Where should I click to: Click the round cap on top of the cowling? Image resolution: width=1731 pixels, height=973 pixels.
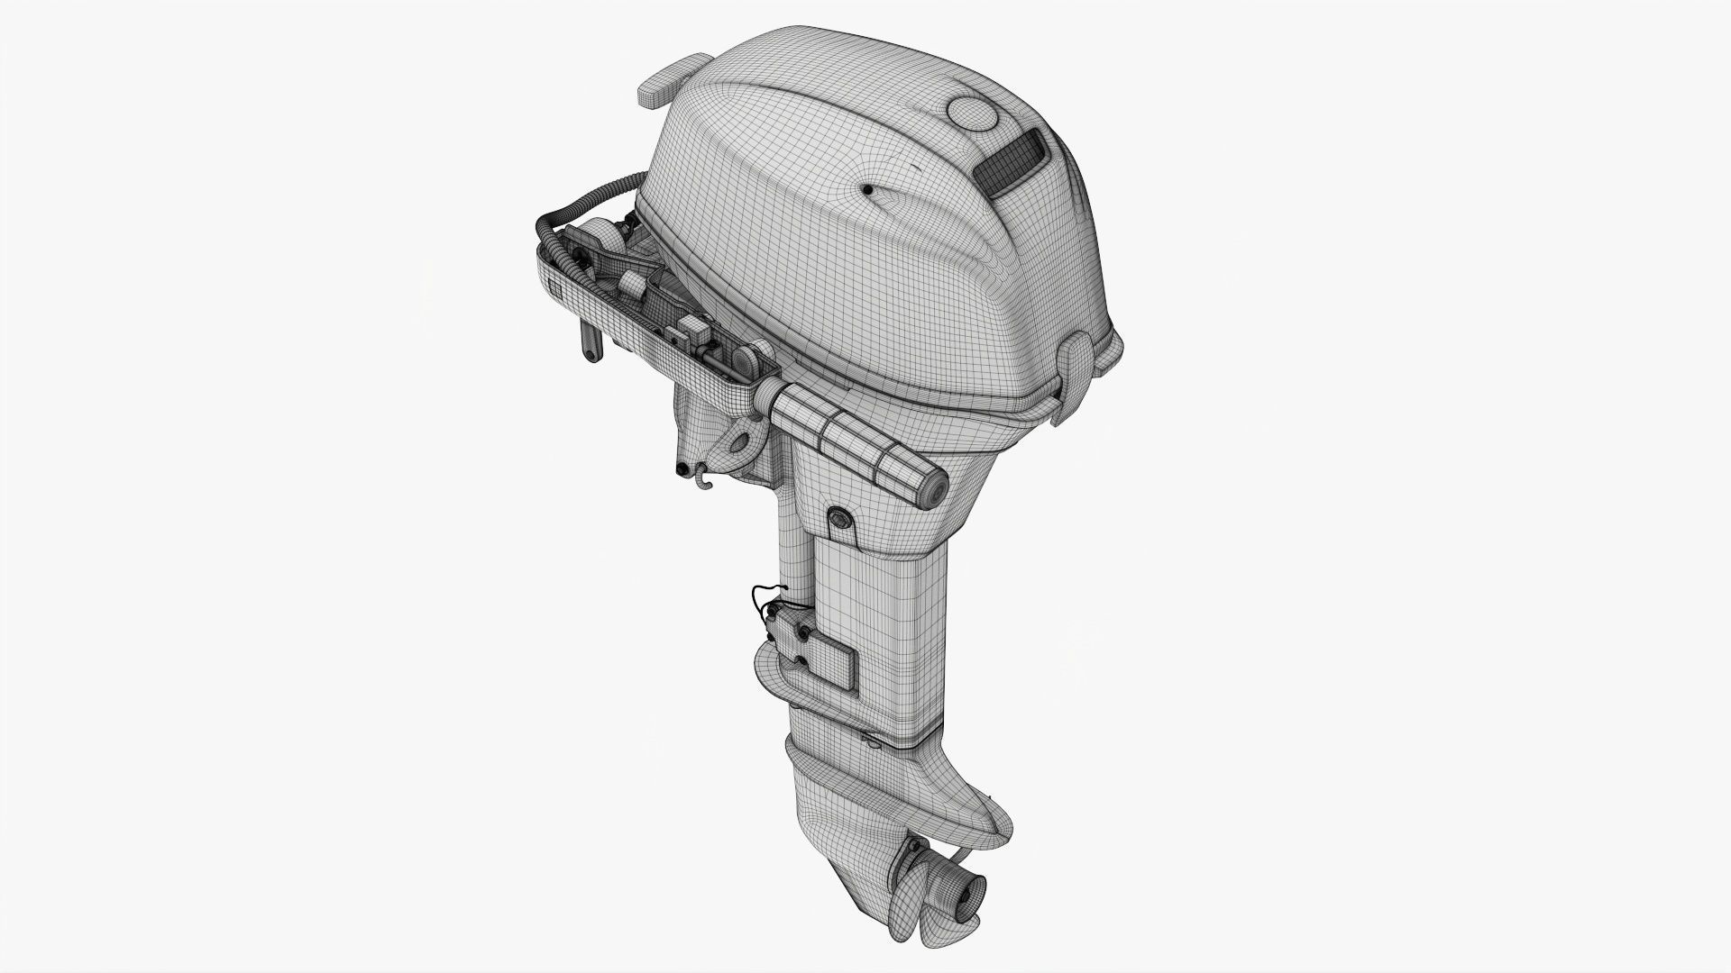coord(970,114)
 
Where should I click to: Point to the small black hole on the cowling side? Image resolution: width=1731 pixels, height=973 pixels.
coord(866,189)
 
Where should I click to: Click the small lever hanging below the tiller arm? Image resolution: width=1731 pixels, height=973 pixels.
coord(591,343)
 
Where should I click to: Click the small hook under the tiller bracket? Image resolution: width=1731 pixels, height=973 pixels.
coord(703,478)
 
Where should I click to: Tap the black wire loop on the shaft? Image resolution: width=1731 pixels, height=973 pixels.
coord(762,598)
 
